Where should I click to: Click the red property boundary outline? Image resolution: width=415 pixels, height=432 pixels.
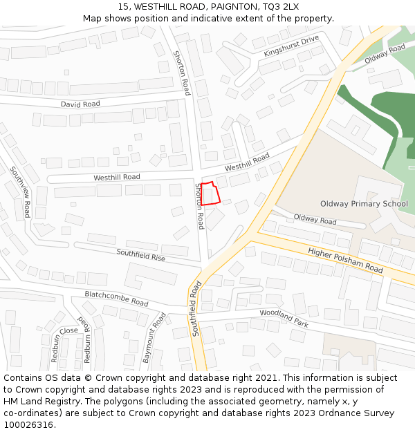210,194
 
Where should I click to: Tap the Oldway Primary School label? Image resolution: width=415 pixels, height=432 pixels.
364,204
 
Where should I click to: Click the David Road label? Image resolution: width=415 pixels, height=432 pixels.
80,104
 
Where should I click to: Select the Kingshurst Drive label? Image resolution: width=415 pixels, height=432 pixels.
291,46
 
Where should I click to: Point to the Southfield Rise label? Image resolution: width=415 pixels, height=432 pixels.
140,254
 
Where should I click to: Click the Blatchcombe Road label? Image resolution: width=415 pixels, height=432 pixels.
116,299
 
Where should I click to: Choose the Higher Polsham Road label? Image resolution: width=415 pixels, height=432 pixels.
345,260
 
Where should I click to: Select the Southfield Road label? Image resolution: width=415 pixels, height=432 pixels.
196,308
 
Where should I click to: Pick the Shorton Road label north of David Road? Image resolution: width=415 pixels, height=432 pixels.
181,73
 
